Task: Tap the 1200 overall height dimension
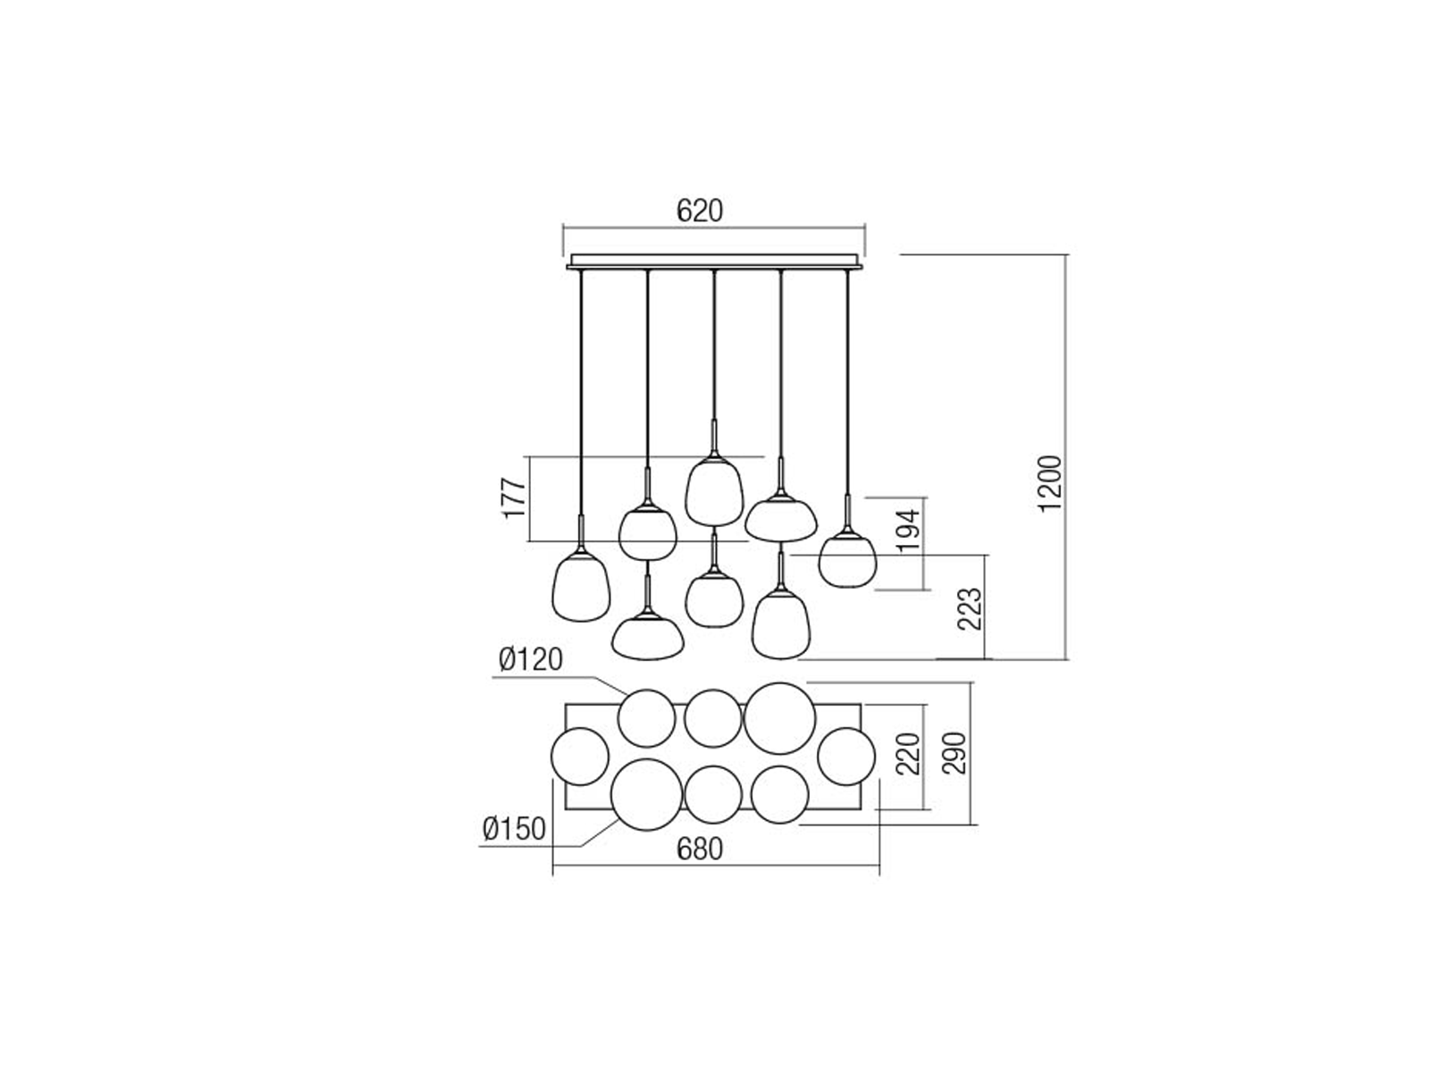(1050, 483)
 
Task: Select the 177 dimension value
(514, 498)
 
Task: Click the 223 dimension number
(970, 608)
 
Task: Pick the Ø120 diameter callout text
(530, 660)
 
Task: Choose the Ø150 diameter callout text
(514, 829)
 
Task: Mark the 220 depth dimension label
(909, 754)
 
